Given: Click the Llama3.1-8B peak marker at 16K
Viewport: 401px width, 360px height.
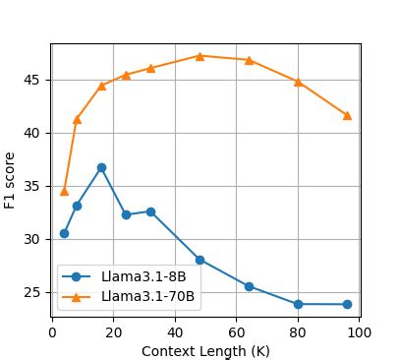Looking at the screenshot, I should click(x=101, y=167).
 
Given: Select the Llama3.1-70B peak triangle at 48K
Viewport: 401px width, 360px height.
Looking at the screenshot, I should click(x=200, y=56).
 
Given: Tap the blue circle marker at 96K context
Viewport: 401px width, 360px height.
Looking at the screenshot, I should click(x=347, y=304).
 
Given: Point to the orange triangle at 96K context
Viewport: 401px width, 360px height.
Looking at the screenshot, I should click(x=347, y=115).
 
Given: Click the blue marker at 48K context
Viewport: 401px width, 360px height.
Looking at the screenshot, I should click(x=200, y=260).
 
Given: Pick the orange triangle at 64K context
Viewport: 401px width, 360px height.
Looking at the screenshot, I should click(x=249, y=60).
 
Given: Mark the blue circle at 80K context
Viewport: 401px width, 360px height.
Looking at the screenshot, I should click(x=298, y=304).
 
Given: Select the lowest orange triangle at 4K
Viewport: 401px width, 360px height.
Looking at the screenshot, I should click(x=64, y=191).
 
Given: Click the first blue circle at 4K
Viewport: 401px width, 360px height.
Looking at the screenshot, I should click(x=64, y=233).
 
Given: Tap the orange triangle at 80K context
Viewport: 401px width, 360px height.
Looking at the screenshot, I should click(x=298, y=82).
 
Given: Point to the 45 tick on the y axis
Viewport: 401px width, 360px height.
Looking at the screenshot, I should click(x=36, y=80).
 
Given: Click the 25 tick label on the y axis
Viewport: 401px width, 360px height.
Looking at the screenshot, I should click(x=36, y=292).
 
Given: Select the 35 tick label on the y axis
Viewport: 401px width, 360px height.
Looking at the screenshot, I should click(x=36, y=186).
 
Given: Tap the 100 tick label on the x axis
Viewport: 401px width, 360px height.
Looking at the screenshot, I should click(x=360, y=332).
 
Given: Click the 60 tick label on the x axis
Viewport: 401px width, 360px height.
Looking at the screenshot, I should click(x=237, y=332).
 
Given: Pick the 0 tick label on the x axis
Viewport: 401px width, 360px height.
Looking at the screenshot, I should click(x=52, y=332).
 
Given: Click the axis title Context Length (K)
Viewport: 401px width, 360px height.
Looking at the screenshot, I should click(x=205, y=350).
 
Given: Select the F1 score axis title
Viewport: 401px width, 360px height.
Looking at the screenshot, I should click(x=11, y=180).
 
